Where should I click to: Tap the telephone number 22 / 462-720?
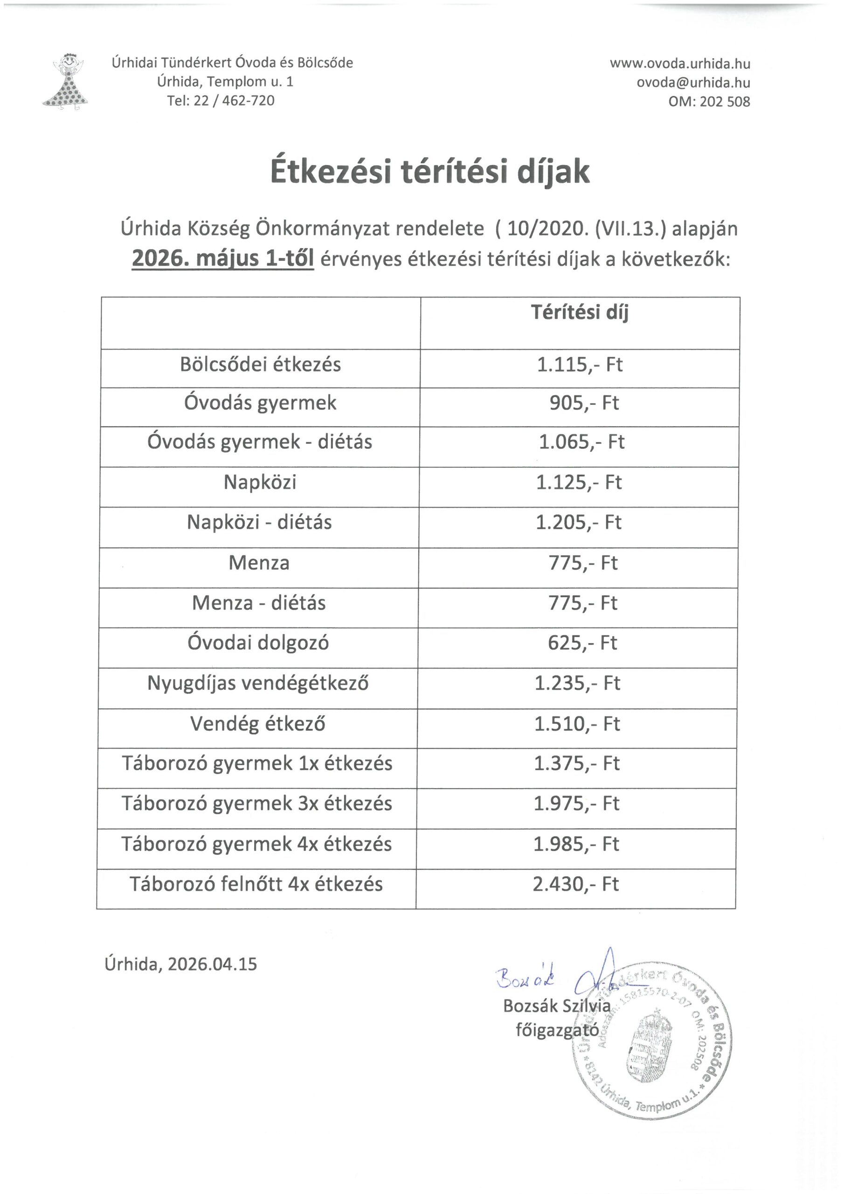(x=234, y=100)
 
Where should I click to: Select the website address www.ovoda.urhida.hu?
(x=680, y=64)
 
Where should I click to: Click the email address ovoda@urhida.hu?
(x=693, y=83)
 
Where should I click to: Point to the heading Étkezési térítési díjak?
(x=430, y=172)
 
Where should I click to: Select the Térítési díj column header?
(x=579, y=312)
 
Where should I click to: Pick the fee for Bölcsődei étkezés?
(x=579, y=365)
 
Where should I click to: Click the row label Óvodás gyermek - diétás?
(x=259, y=442)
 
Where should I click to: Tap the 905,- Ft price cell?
(x=584, y=403)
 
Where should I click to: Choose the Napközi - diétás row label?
(x=259, y=522)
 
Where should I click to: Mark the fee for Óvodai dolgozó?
(x=582, y=643)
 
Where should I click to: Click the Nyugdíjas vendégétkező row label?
(x=258, y=683)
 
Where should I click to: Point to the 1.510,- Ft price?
(x=577, y=724)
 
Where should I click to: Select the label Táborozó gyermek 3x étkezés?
(x=257, y=804)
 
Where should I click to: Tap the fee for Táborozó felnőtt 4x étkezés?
(x=576, y=884)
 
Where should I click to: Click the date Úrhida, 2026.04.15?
(x=181, y=964)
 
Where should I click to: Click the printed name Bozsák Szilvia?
(x=556, y=1006)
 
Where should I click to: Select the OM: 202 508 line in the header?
(x=709, y=101)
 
